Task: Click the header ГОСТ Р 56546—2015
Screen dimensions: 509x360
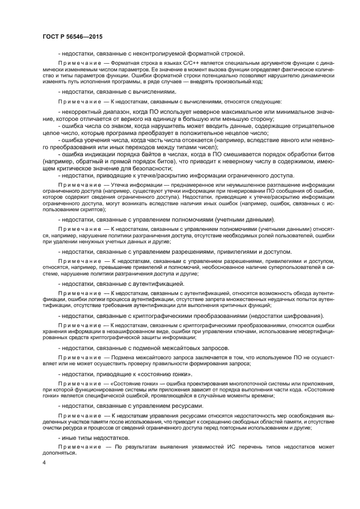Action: click(x=72, y=36)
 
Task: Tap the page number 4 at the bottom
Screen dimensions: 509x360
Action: click(x=44, y=463)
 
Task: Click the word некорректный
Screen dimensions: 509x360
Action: click(x=82, y=111)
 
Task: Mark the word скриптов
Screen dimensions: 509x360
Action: click(x=87, y=209)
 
